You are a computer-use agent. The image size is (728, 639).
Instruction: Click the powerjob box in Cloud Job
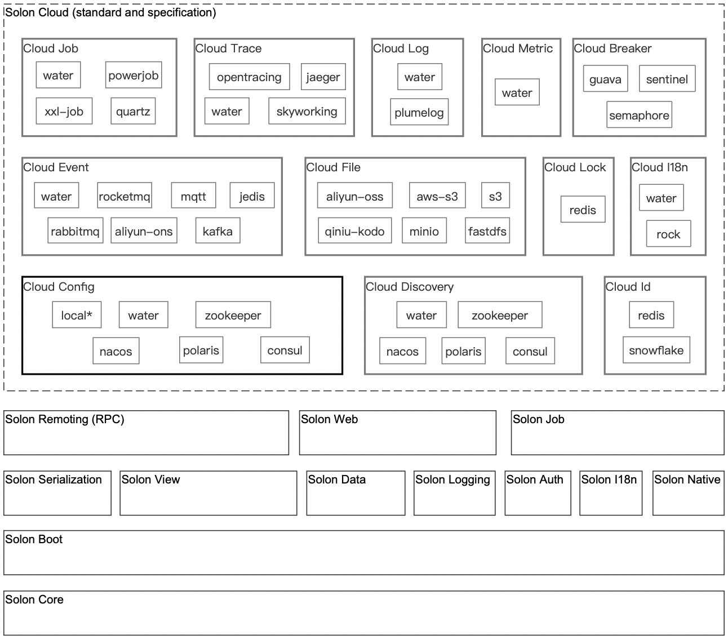134,75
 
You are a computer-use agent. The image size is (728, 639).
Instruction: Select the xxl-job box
64,111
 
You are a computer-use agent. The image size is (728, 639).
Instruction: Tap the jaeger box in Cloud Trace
323,77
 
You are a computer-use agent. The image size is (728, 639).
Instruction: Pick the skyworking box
307,111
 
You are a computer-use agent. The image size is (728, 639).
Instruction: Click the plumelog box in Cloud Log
419,112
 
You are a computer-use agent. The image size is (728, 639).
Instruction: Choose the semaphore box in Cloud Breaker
639,114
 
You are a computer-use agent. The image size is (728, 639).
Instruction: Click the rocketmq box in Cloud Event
125,196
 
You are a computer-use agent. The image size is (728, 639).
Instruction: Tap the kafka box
217,230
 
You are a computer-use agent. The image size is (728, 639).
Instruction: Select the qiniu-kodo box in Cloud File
354,230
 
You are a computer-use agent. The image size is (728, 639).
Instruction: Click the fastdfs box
487,230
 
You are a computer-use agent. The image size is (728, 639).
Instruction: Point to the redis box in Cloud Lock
583,209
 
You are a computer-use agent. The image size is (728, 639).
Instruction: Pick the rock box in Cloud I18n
668,234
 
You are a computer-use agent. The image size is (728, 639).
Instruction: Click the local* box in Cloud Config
77,315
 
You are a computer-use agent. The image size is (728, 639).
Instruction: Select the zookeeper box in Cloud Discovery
500,315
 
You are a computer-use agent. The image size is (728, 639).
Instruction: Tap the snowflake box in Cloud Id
656,350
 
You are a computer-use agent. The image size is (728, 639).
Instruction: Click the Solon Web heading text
329,419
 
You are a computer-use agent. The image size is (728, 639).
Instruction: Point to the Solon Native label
687,480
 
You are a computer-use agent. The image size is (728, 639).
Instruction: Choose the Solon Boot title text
34,539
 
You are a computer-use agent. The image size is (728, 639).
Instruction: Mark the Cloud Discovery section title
410,287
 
